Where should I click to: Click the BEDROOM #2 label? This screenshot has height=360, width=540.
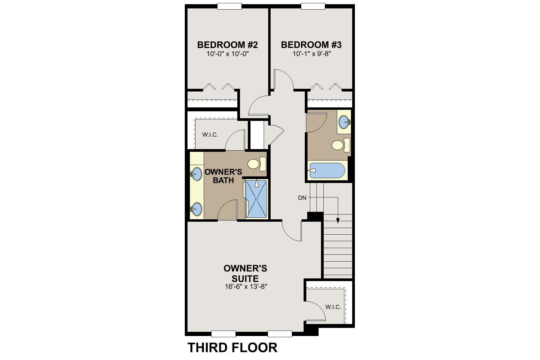point(227,45)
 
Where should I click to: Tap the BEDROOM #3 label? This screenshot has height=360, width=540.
point(311,45)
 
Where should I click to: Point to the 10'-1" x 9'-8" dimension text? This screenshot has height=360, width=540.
point(311,54)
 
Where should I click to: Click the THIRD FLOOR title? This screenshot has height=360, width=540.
point(232,348)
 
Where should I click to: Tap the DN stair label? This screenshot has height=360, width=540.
point(302,198)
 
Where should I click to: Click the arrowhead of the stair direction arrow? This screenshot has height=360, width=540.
point(338,220)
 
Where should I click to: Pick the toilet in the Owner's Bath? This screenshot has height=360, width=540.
point(257,164)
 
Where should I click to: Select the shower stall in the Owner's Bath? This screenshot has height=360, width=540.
point(256,199)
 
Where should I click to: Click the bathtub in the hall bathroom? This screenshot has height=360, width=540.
point(327,171)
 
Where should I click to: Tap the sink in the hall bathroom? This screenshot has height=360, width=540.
point(344,122)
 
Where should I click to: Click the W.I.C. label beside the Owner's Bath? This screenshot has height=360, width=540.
point(210,135)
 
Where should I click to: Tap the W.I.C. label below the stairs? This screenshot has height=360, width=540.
point(333,307)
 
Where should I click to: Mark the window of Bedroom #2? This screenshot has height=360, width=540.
point(229,6)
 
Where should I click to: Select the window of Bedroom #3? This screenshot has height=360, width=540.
point(313,6)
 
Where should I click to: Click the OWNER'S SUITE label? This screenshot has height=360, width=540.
point(245,273)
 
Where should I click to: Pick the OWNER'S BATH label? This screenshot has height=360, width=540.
point(223,176)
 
